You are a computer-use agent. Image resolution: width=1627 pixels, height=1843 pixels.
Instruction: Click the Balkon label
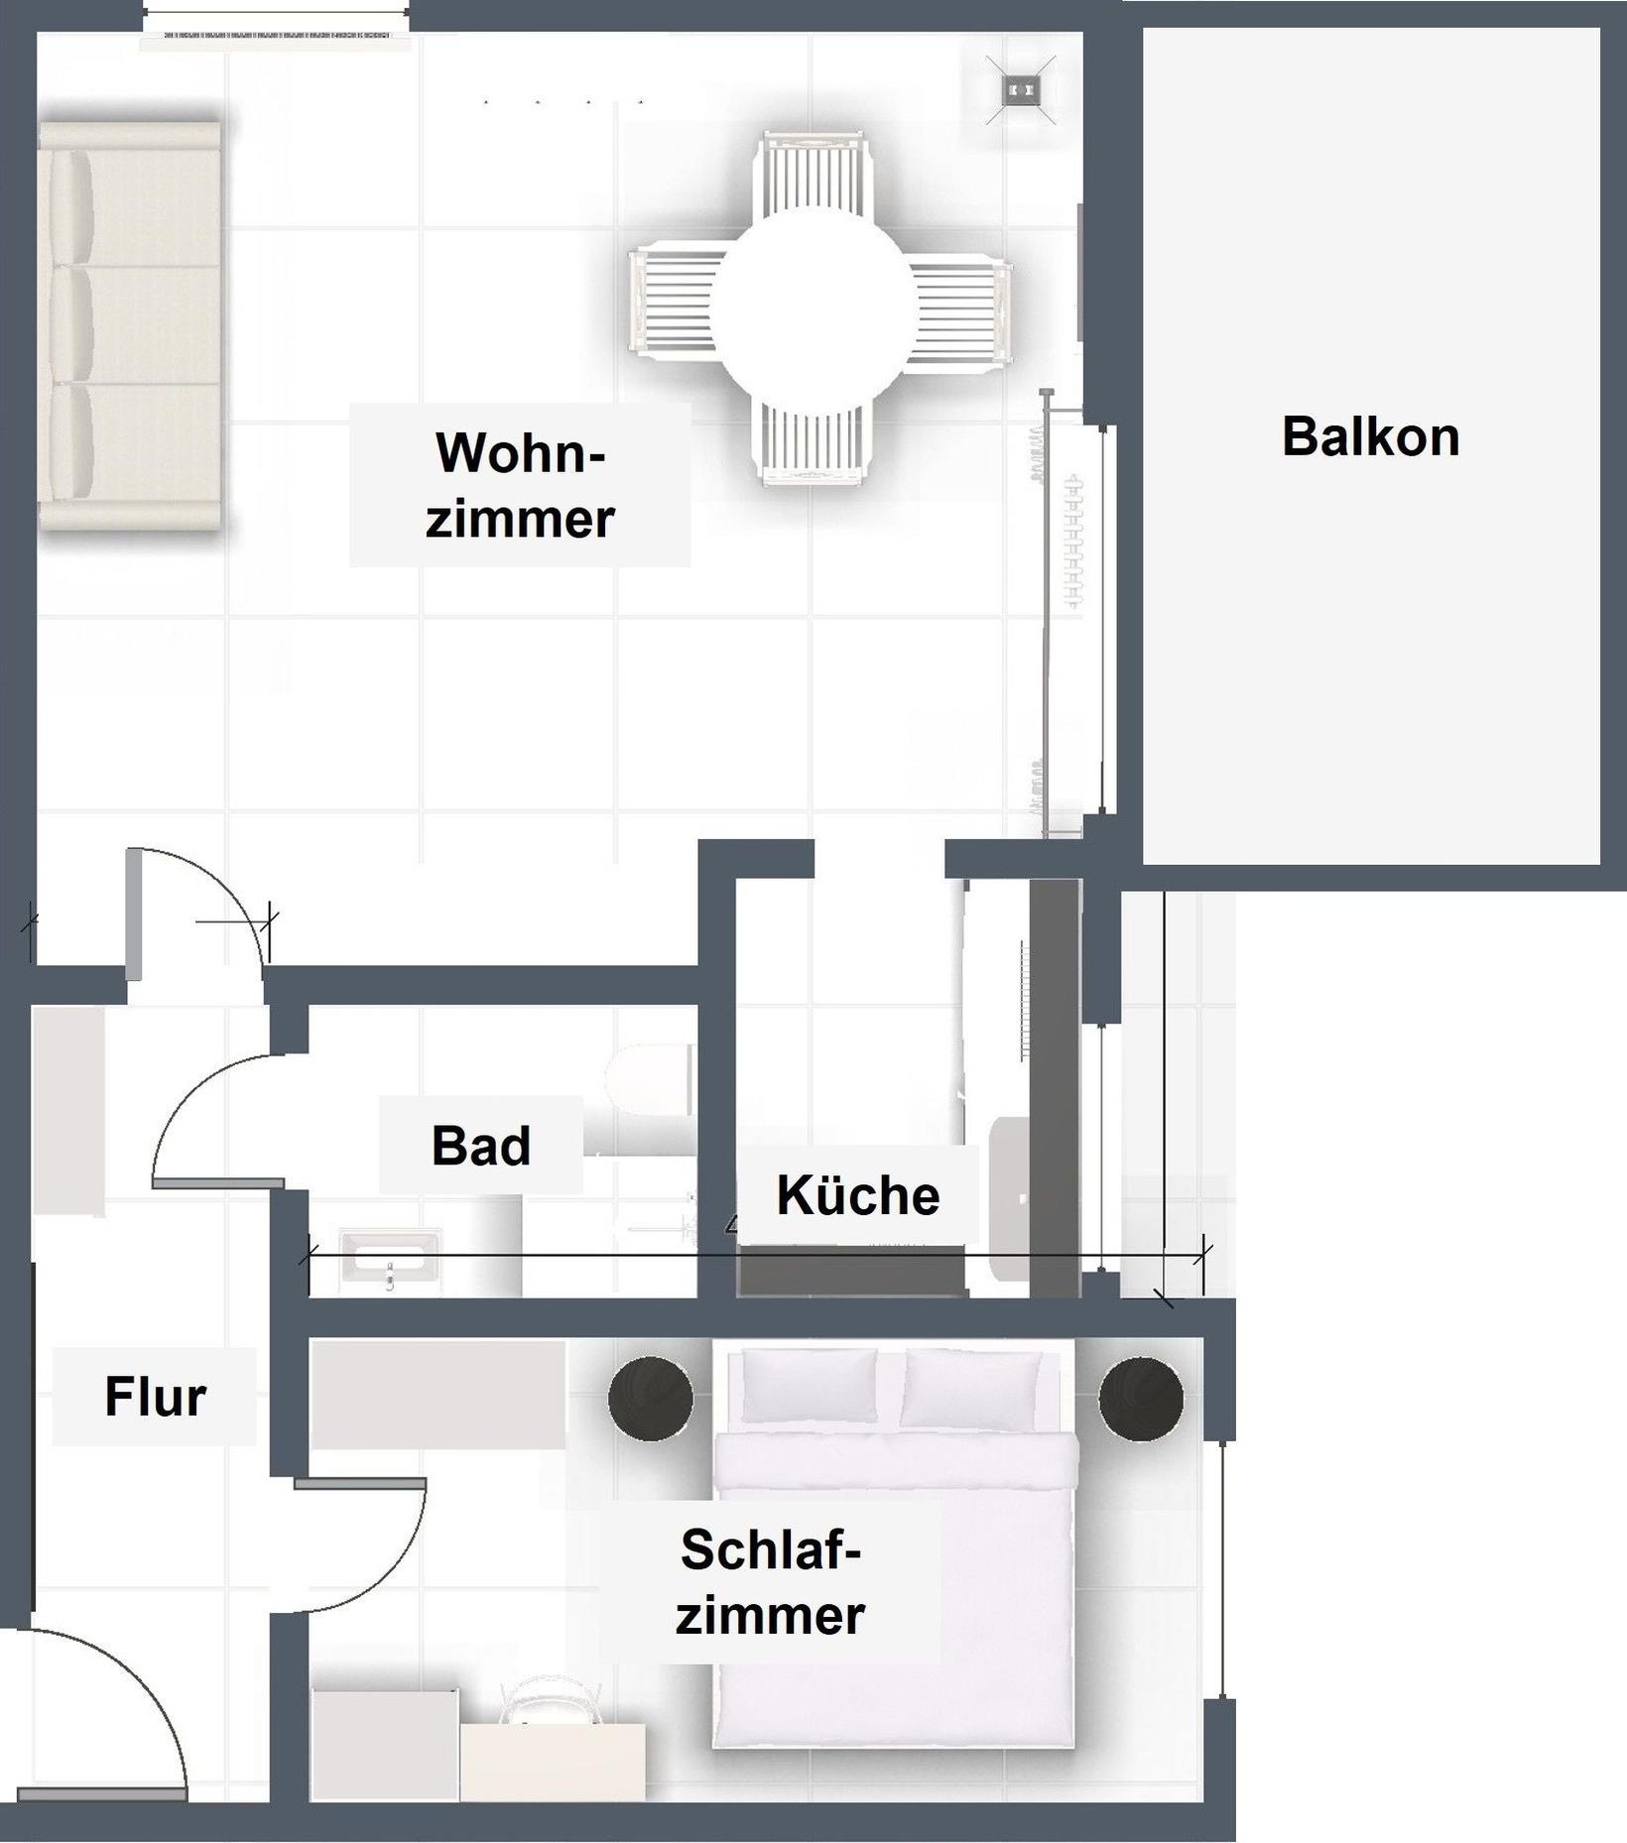click(1370, 437)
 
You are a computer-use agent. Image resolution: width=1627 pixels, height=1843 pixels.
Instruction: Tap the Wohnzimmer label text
click(520, 485)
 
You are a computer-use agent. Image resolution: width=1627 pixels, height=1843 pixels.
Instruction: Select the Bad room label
click(481, 1146)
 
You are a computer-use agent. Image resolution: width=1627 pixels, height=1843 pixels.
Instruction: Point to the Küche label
click(858, 1195)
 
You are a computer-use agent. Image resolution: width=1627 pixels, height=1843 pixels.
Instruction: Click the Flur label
click(155, 1397)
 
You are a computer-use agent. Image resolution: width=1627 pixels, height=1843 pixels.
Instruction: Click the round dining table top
click(813, 304)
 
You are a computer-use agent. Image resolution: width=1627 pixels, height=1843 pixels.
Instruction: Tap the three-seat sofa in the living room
click(129, 325)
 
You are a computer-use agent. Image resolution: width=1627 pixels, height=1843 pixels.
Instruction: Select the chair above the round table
click(813, 175)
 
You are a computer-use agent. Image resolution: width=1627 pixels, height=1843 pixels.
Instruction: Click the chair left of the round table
click(672, 304)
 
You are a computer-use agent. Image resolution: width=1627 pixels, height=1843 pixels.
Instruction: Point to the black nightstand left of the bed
click(651, 1399)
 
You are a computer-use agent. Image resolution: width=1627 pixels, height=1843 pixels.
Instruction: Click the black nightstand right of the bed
click(1141, 1399)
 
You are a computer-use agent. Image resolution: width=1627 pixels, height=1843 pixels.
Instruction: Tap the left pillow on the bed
click(810, 1386)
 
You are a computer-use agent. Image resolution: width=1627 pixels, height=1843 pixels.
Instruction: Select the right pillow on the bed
click(971, 1389)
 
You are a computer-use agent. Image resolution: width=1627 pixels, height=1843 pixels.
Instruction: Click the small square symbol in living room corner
click(1021, 90)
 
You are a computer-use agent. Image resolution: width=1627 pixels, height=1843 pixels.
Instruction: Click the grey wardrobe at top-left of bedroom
click(438, 1394)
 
